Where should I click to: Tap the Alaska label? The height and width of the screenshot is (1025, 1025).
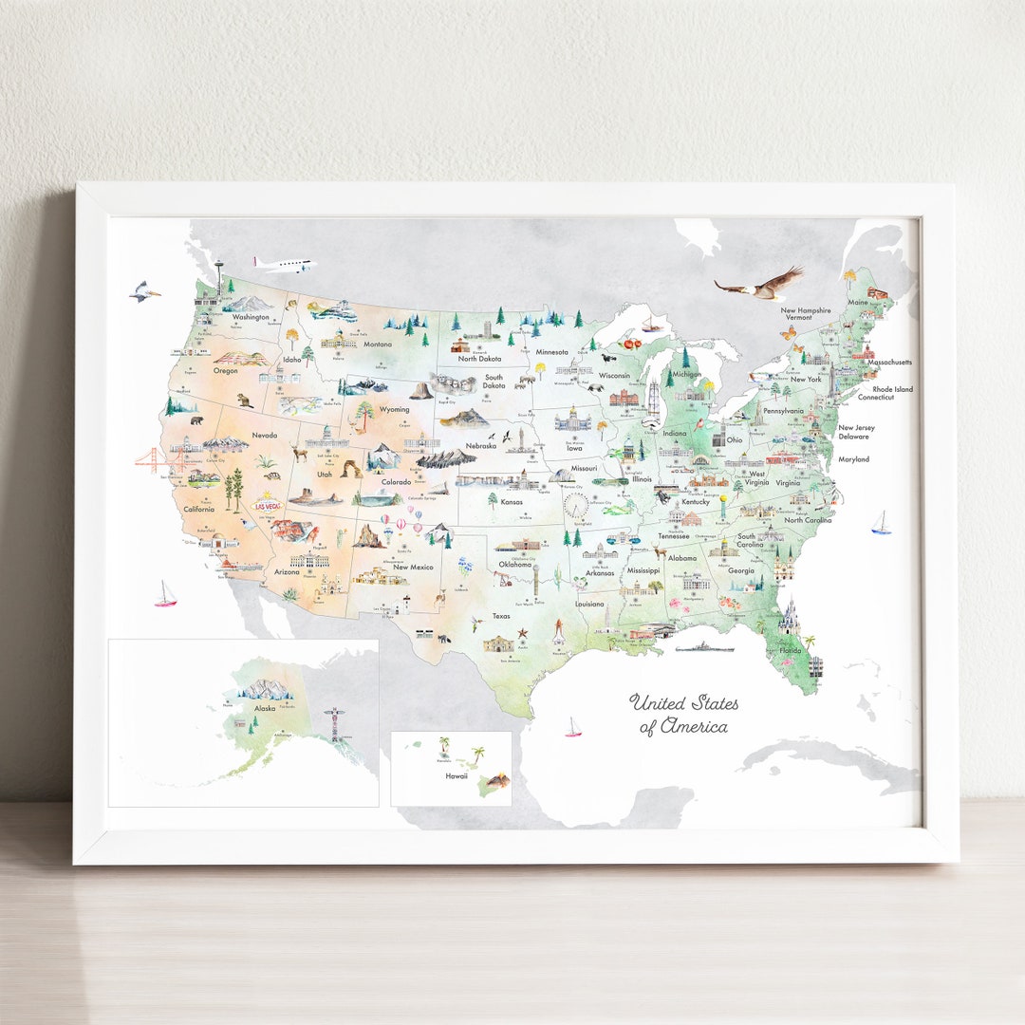pyautogui.click(x=265, y=708)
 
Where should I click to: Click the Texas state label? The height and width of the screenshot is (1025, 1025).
pyautogui.click(x=501, y=616)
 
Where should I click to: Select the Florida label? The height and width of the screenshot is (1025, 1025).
pyautogui.click(x=791, y=651)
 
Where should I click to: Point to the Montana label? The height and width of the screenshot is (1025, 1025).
pyautogui.click(x=377, y=344)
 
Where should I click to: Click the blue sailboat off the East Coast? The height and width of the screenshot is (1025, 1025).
pyautogui.click(x=881, y=523)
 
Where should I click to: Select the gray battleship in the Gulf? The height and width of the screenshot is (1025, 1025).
pyautogui.click(x=705, y=646)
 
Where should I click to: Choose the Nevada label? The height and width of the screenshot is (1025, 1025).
pyautogui.click(x=264, y=436)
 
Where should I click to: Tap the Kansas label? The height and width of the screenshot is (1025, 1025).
pyautogui.click(x=512, y=501)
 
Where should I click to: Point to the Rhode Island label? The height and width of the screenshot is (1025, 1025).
pyautogui.click(x=892, y=389)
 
